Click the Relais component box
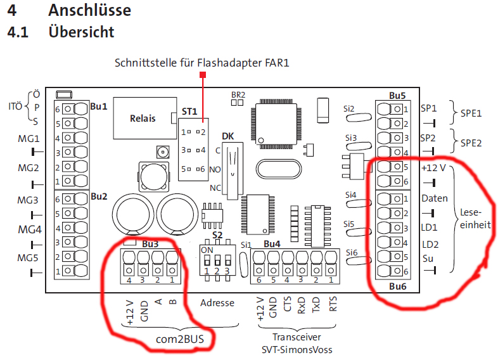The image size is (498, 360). pos(143,118)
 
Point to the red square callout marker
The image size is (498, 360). pos(203,75)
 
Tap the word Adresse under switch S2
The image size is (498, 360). pos(217,303)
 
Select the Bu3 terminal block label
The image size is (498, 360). pos(150,243)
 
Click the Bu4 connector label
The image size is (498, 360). pos(272,243)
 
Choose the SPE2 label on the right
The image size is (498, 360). pos(471,143)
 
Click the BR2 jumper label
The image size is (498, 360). pos(238,93)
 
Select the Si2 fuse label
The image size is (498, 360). pos(349,108)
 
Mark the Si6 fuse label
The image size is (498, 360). pos(352,252)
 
